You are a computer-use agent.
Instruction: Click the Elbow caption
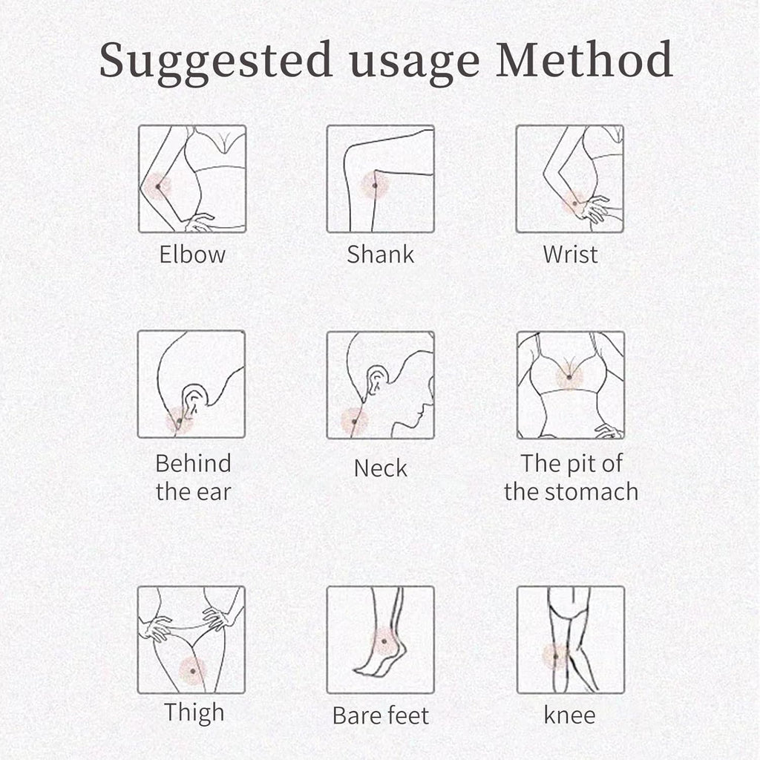coord(192,254)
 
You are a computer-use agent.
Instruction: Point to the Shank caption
coord(381,254)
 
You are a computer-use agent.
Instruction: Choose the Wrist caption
coord(571,254)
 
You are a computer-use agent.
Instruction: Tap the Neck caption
coord(381,468)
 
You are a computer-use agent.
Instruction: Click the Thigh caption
coord(194,713)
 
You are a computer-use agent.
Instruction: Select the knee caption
coord(569,715)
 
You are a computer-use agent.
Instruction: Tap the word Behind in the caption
coord(194,463)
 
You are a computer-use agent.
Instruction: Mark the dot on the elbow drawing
coord(158,186)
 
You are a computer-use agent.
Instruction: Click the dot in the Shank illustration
coord(375,186)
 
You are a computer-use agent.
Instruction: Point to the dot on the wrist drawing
coord(575,203)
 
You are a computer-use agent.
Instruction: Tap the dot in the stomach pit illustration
coord(569,377)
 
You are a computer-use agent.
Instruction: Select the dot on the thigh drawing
coord(193,671)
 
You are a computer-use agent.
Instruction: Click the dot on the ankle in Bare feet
coord(384,641)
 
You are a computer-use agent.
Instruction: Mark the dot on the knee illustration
coord(556,657)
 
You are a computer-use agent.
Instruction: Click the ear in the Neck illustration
coord(376,379)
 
